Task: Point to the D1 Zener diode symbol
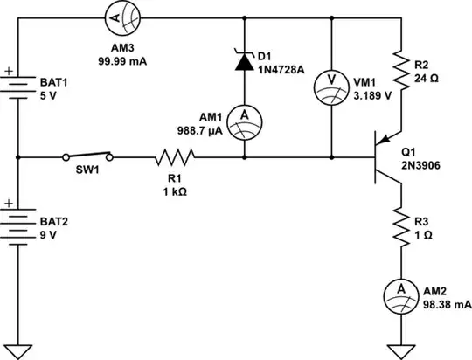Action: (244, 59)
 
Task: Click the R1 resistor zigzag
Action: (173, 157)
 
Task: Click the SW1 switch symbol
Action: (88, 156)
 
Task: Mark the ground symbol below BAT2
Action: (18, 351)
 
